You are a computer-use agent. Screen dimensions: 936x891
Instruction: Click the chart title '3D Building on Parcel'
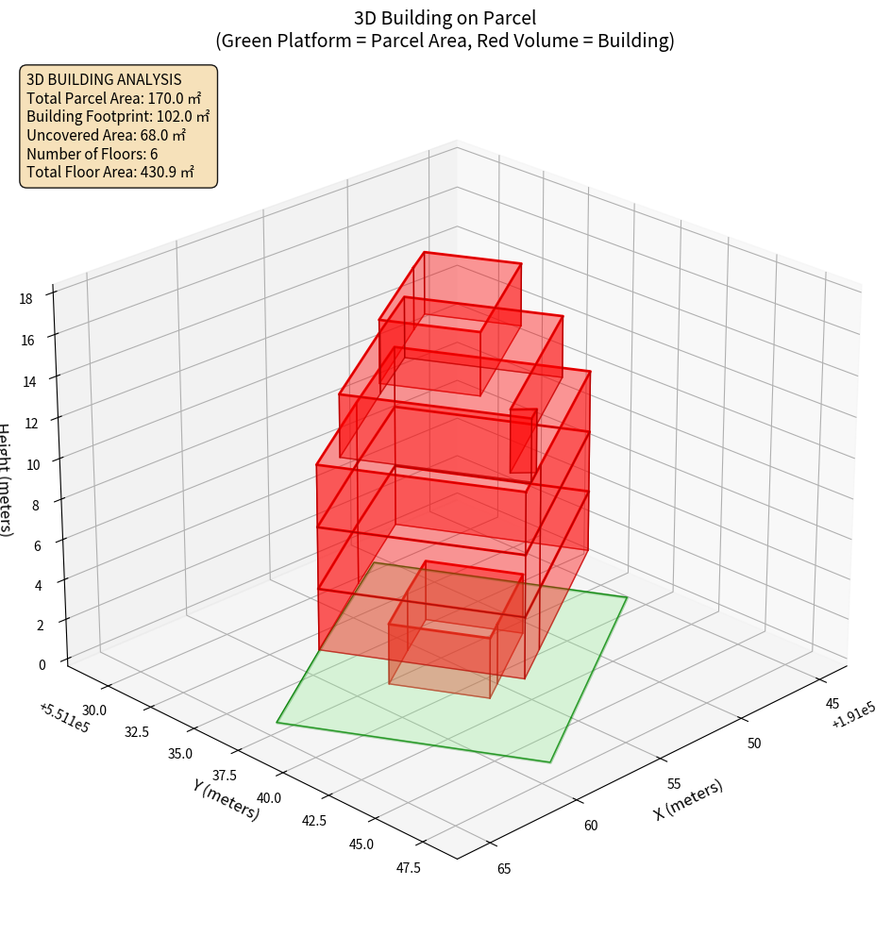445,17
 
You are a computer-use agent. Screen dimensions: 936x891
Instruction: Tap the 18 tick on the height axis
25,298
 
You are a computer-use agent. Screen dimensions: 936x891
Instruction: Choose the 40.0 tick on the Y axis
269,797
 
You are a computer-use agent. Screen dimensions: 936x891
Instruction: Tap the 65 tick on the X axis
503,868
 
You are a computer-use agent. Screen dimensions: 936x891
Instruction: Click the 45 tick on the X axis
833,704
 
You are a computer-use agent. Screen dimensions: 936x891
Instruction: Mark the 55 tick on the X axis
674,783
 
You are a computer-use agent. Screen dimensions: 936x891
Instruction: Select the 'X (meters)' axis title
688,799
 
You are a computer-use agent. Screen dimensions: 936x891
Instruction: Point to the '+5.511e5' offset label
64,716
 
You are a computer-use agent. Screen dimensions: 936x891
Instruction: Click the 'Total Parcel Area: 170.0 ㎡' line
114,98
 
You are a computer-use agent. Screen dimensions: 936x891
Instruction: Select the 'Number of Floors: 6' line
92,154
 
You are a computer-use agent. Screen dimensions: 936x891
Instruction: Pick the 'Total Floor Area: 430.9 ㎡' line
110,172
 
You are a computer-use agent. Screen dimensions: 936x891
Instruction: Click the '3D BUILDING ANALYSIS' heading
104,79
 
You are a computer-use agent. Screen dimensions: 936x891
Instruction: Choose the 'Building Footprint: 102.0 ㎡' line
118,117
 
